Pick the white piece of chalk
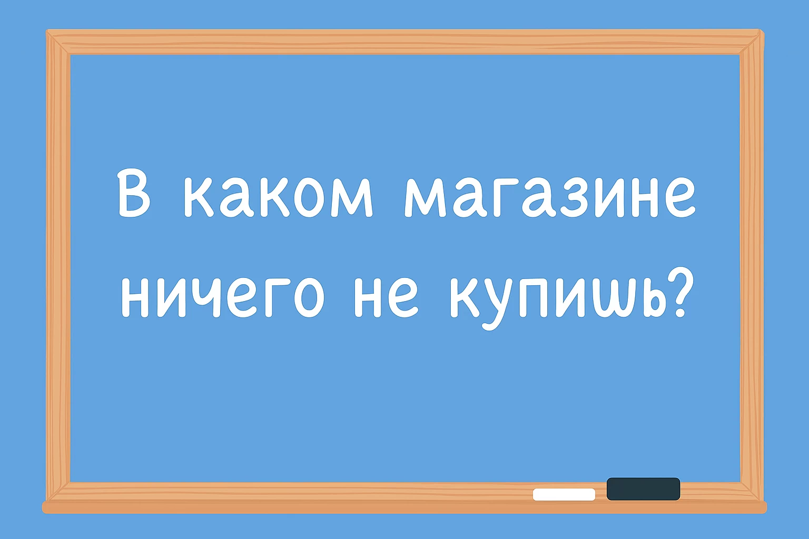(x=564, y=494)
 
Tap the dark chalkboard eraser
(x=643, y=488)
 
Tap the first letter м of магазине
(x=423, y=199)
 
